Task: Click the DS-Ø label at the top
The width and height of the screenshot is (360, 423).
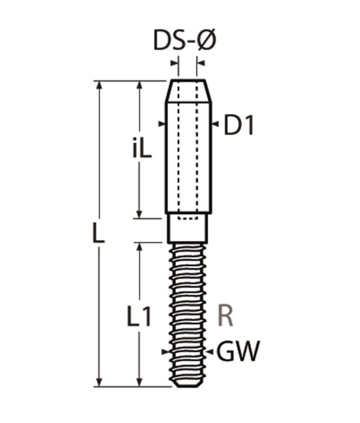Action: point(185,41)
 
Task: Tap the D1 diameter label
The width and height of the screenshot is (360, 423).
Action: point(239,126)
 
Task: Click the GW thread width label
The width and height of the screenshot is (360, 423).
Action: point(237,352)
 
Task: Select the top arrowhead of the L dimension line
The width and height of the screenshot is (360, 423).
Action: point(100,84)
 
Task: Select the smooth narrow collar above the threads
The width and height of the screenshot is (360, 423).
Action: point(188,231)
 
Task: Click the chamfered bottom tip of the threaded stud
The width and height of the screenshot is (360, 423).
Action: point(188,383)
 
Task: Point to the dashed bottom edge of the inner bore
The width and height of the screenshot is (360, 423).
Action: point(188,219)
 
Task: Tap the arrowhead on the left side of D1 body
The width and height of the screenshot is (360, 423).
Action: point(161,124)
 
